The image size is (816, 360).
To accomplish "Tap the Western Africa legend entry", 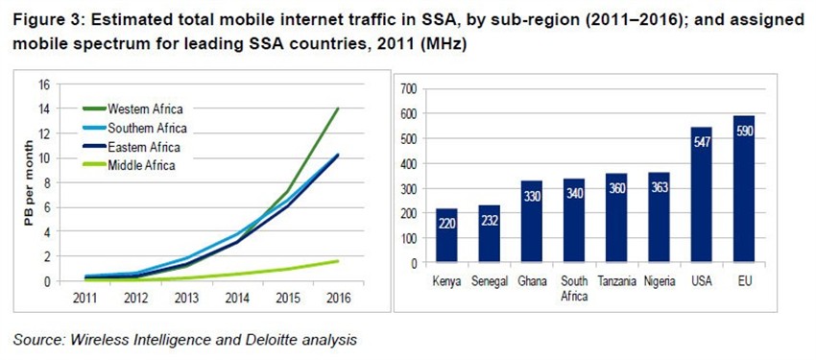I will click(x=145, y=108).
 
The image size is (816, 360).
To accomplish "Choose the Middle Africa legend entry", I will click(x=141, y=166).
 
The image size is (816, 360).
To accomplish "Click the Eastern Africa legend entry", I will click(x=144, y=147).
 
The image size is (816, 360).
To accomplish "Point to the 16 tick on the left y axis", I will click(x=43, y=84).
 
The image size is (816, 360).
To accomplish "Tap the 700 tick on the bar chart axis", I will click(x=410, y=88).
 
